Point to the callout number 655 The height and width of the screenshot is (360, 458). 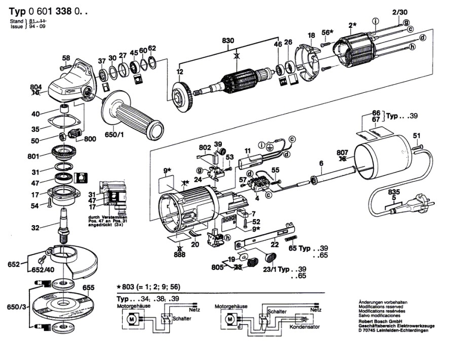coord(89,287)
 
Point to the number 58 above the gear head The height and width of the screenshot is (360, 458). coord(66,57)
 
